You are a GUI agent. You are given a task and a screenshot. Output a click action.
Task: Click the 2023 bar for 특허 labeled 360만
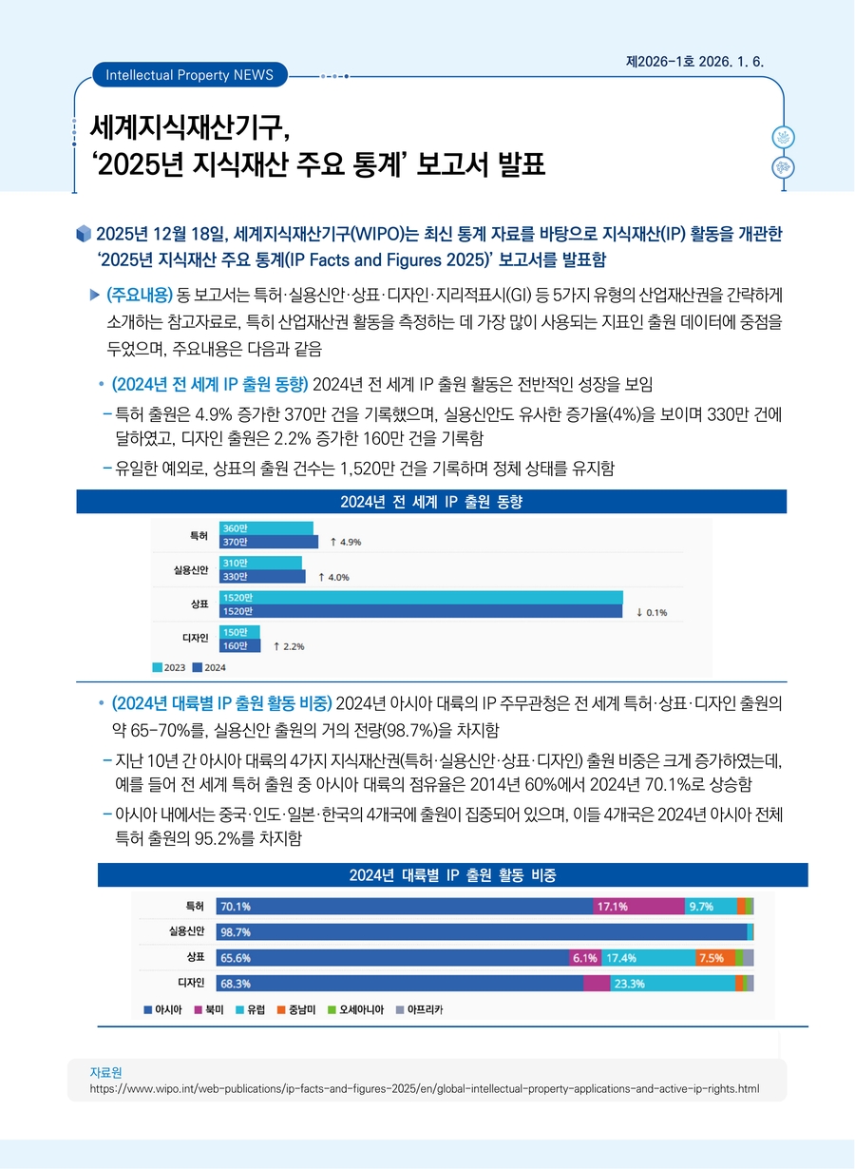click(x=266, y=527)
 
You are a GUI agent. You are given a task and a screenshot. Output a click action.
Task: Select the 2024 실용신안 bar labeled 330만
click(x=262, y=576)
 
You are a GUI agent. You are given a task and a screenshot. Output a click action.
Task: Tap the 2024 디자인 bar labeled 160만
click(x=239, y=646)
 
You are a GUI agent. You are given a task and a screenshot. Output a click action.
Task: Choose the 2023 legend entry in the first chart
click(x=170, y=667)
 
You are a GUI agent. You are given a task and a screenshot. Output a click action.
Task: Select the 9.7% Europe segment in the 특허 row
click(x=710, y=907)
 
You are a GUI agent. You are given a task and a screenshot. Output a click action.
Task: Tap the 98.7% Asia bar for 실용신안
click(x=481, y=931)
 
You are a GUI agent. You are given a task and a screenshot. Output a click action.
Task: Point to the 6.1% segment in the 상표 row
click(x=583, y=957)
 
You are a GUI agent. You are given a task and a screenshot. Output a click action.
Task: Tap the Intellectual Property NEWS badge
click(x=189, y=74)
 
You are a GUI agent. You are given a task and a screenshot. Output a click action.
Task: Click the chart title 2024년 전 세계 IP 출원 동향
click(x=431, y=502)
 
